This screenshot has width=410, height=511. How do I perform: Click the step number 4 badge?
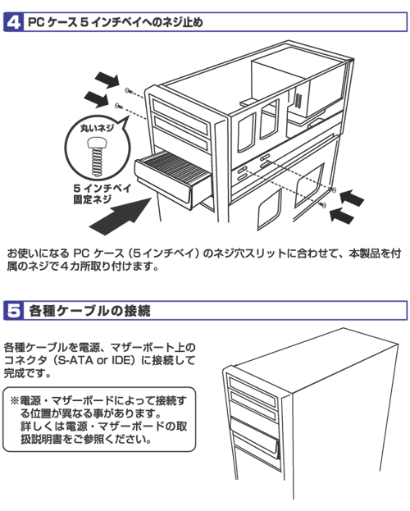pos(13,22)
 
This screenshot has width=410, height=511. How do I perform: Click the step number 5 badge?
pos(13,311)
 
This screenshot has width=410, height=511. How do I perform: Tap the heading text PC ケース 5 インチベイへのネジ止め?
pos(116,22)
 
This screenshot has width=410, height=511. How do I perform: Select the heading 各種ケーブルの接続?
pos(89,311)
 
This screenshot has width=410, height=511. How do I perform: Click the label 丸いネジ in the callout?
pos(97,128)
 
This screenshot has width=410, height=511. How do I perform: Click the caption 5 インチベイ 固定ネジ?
pos(102,194)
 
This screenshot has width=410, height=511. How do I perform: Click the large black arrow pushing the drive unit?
pos(121,216)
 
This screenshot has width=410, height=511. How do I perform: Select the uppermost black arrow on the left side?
pos(107,80)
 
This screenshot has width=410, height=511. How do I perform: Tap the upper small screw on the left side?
pos(128,90)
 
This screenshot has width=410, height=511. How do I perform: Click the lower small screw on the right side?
pos(322,204)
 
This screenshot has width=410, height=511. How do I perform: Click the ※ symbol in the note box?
pos(15,400)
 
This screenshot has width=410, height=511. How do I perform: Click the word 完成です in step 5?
pos(27,373)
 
